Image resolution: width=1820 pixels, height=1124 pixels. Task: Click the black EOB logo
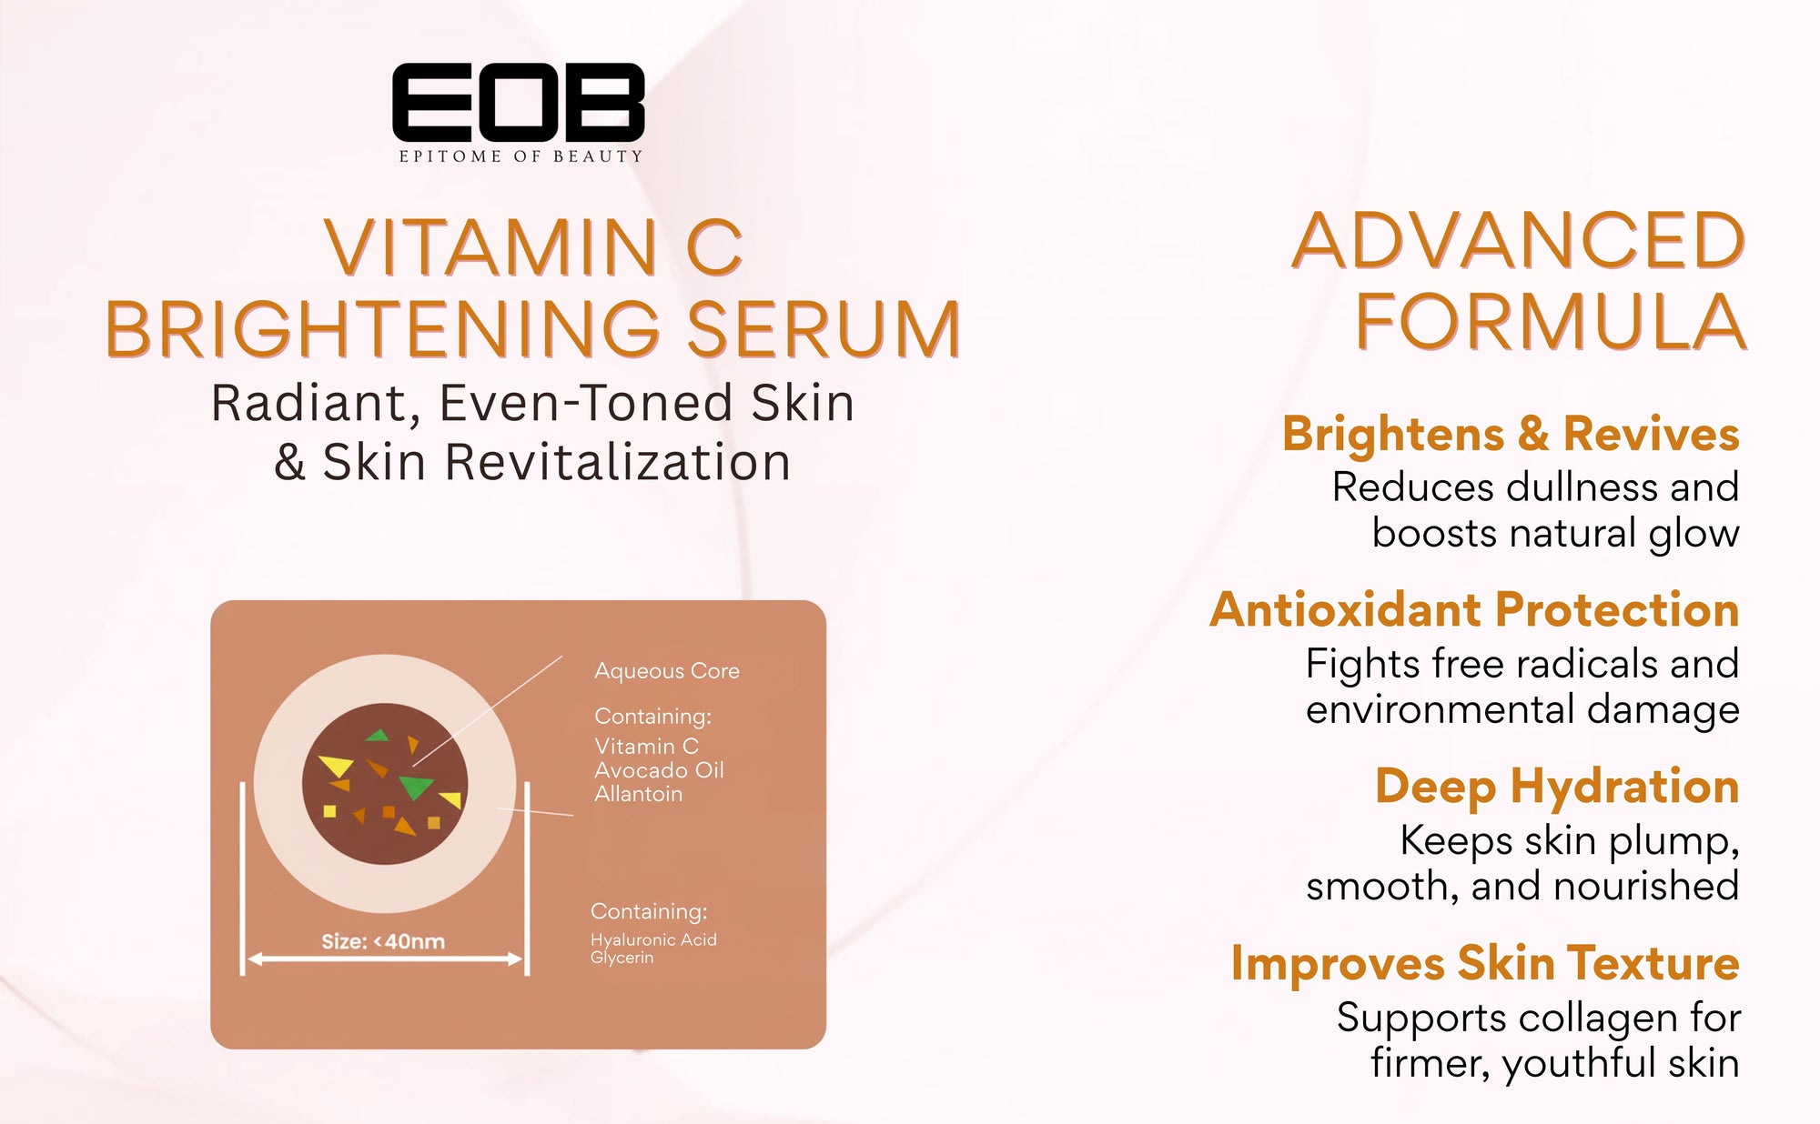tap(519, 102)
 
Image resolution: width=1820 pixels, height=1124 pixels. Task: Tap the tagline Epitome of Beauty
tap(521, 156)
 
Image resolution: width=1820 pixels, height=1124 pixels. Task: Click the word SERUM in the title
tap(824, 329)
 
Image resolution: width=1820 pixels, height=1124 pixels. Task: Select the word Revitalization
tap(618, 462)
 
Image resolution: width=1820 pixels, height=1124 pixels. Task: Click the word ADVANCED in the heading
tap(1519, 241)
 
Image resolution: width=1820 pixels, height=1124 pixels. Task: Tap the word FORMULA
tap(1551, 322)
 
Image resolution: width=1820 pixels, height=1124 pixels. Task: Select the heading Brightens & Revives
tap(1511, 434)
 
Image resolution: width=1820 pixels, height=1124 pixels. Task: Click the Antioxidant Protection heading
tap(1474, 609)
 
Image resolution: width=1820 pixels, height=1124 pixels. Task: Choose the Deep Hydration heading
tap(1557, 788)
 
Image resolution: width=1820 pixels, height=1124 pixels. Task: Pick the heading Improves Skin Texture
tap(1485, 964)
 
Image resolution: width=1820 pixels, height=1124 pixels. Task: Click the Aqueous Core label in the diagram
tap(667, 671)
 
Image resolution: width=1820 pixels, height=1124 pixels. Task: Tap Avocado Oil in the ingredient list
tap(659, 770)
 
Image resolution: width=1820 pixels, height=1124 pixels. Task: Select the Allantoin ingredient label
tap(638, 794)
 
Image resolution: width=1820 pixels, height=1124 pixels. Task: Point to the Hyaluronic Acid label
tap(653, 939)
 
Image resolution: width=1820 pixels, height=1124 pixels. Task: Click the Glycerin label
tap(622, 958)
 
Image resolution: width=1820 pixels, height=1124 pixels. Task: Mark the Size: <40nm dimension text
tap(383, 941)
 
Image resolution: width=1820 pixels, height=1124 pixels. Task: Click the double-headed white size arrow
tap(385, 959)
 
